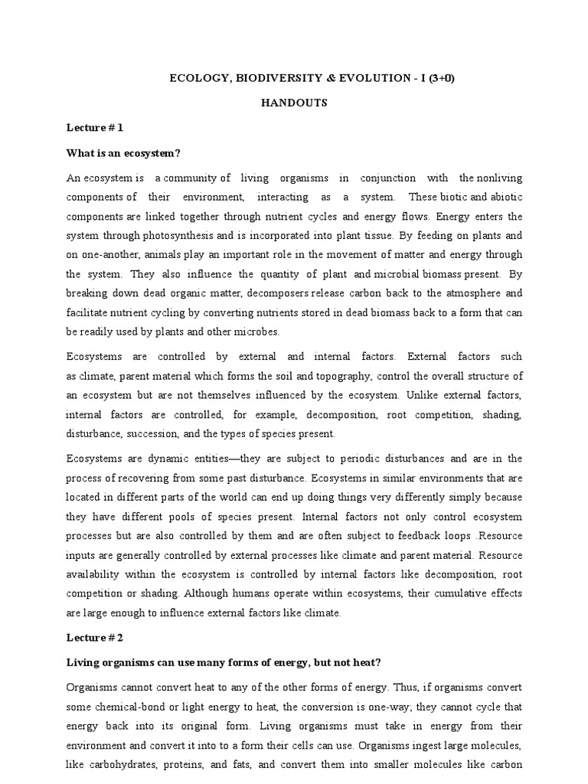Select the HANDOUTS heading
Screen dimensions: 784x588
pos(295,103)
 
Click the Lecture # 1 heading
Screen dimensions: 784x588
pos(95,128)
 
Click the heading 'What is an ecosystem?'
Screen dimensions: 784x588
pos(123,153)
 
